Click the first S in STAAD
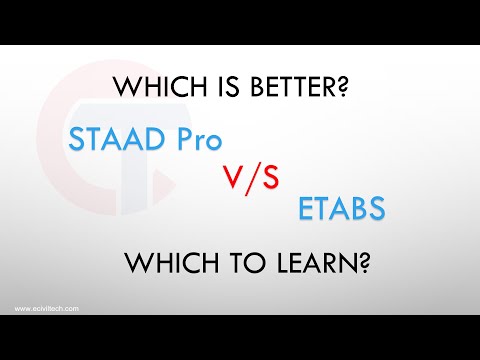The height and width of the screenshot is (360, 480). pyautogui.click(x=78, y=138)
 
